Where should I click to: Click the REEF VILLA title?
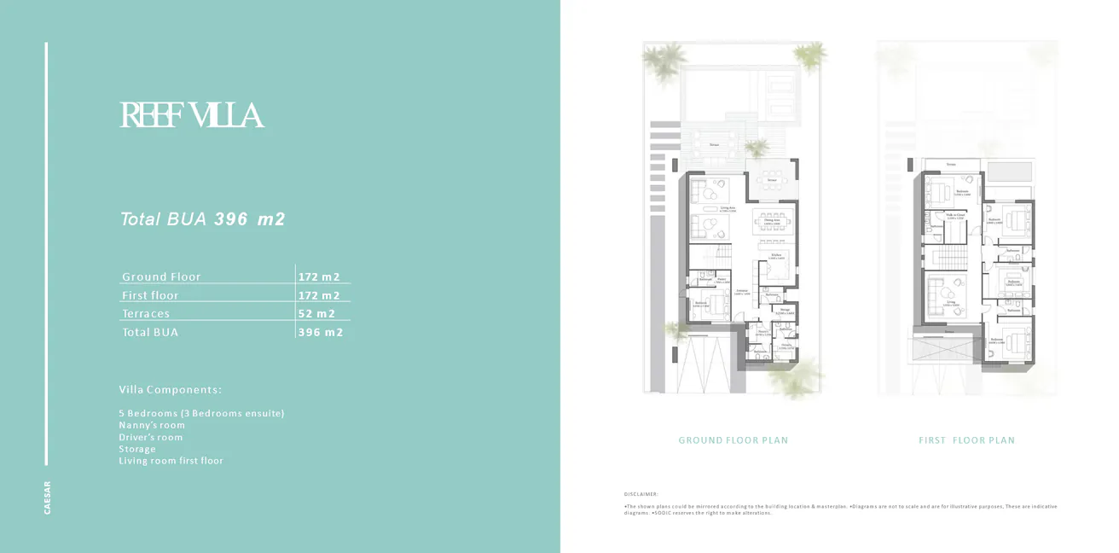click(x=191, y=115)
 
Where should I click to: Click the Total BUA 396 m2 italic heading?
click(x=202, y=219)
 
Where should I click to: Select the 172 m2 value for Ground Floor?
click(x=319, y=276)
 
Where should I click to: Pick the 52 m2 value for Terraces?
click(x=316, y=314)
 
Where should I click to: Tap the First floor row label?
click(x=150, y=295)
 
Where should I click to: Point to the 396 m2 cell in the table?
click(x=320, y=332)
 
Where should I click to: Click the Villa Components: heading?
click(x=171, y=390)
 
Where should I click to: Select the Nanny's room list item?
click(x=152, y=425)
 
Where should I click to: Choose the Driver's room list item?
click(x=151, y=437)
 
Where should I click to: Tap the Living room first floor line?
click(x=171, y=461)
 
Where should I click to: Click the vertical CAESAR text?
click(x=48, y=498)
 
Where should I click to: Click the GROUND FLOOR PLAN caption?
click(x=733, y=440)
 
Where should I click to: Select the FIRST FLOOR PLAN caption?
click(x=966, y=440)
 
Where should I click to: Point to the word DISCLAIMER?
click(x=641, y=494)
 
